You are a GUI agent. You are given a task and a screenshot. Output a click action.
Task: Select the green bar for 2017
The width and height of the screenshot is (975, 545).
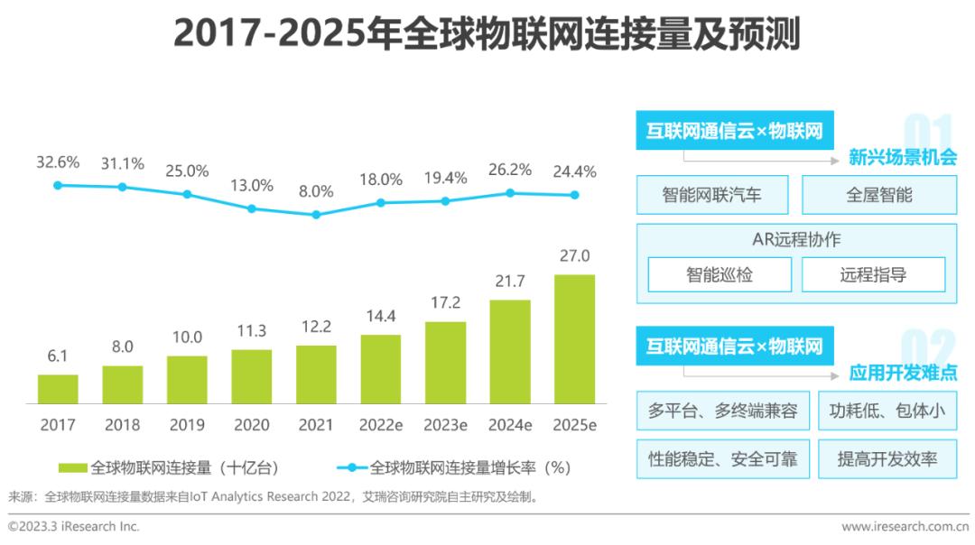click(58, 389)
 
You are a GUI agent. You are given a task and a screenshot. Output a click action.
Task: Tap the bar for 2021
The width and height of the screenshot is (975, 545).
click(316, 374)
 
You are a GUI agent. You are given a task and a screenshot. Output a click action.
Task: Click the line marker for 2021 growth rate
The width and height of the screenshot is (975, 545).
click(316, 215)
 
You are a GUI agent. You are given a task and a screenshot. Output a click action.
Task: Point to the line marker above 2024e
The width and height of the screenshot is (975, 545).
click(510, 193)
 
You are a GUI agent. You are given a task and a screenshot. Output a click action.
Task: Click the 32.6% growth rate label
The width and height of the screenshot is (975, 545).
click(58, 162)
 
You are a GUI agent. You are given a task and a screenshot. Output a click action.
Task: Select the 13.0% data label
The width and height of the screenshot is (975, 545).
click(252, 185)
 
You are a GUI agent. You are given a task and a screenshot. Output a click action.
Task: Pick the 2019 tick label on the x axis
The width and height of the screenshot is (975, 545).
click(187, 424)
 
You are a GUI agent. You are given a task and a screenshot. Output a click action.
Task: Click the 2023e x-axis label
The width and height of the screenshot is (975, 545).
click(445, 424)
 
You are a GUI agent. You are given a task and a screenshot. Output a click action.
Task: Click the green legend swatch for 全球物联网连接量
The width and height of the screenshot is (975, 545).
click(73, 467)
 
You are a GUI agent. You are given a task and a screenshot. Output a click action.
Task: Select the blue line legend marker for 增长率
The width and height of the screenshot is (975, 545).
click(352, 467)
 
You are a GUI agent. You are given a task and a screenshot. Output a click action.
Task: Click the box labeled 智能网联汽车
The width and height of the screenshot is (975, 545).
click(712, 195)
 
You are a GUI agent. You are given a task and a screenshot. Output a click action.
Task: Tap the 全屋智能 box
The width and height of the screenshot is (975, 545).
click(878, 195)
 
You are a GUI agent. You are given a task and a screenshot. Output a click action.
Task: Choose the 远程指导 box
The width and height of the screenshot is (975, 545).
click(873, 275)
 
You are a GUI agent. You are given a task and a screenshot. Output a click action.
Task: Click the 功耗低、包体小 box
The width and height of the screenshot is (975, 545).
click(887, 411)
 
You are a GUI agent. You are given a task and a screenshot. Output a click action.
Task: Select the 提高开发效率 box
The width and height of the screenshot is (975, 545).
click(887, 459)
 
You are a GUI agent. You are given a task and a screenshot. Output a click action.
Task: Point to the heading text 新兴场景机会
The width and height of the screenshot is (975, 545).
click(903, 157)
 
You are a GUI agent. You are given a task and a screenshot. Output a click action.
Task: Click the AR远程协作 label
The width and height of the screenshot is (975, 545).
click(796, 240)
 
